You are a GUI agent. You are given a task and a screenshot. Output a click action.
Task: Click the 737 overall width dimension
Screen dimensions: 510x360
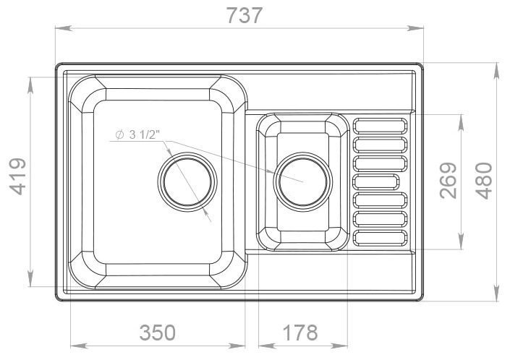245,15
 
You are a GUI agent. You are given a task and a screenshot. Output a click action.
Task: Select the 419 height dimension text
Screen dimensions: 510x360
19,176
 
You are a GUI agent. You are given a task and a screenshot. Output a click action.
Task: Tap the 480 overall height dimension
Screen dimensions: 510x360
484,181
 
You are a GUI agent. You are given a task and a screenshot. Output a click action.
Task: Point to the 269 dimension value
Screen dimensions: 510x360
449,180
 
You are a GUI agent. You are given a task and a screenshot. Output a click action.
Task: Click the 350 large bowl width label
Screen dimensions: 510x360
158,333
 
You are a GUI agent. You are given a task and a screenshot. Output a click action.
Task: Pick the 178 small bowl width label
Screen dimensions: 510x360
300,333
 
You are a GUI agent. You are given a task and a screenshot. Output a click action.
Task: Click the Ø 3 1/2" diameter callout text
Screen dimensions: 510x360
137,134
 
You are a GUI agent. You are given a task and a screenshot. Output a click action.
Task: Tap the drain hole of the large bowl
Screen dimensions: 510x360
187,181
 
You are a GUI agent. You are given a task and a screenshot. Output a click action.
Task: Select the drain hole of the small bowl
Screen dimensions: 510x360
303,181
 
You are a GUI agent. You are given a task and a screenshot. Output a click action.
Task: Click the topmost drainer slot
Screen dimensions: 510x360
380,126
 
